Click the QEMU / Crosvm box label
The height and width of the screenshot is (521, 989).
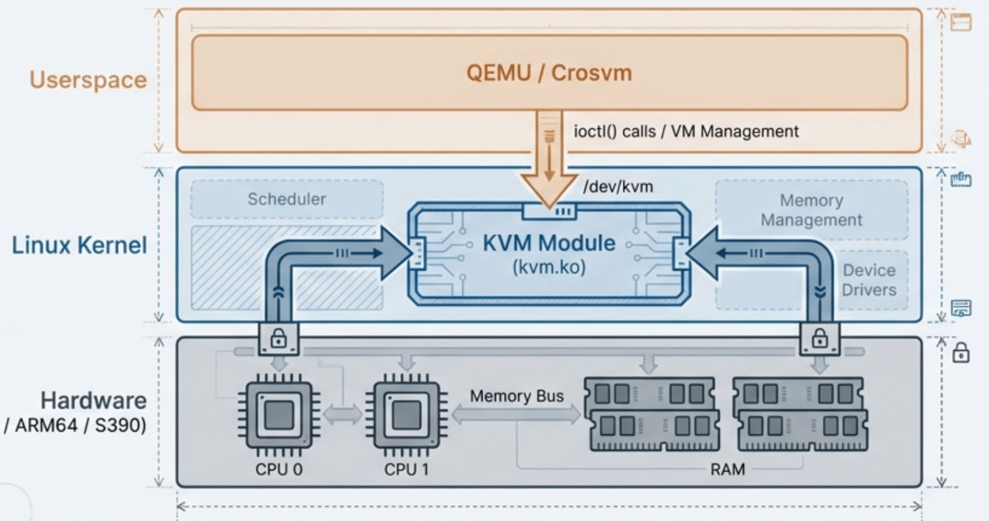tap(549, 73)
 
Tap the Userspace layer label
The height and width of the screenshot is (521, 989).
tap(88, 80)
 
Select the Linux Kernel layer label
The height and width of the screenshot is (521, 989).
tap(79, 245)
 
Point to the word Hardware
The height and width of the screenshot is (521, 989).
tap(93, 400)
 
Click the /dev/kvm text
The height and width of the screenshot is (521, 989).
tap(618, 187)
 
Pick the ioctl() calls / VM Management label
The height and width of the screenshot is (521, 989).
tap(686, 132)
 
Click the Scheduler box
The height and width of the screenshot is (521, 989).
tap(286, 199)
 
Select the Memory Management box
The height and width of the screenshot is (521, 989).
tap(811, 210)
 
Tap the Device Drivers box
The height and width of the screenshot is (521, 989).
tap(869, 280)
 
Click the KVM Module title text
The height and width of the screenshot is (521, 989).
tap(549, 243)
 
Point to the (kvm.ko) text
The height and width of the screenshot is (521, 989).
tap(549, 267)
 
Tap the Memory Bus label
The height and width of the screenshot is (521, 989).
tap(516, 396)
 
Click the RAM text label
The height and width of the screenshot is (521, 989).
tap(727, 470)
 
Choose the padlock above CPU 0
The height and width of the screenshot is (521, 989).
tap(278, 339)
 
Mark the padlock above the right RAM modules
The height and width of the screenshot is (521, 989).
tap(820, 339)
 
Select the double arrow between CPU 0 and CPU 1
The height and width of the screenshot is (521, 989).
tap(343, 414)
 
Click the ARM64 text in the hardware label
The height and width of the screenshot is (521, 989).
tap(47, 426)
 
